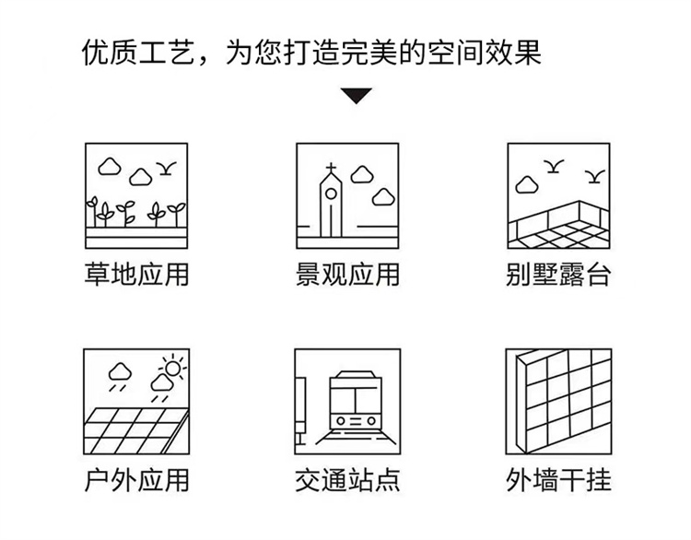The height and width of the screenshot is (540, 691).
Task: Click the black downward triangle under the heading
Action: (355, 95)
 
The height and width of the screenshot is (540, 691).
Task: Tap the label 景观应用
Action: (347, 276)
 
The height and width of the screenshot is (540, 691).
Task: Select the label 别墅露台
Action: (558, 276)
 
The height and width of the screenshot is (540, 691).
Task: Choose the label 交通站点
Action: (347, 481)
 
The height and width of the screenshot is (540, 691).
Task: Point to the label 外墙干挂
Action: (558, 481)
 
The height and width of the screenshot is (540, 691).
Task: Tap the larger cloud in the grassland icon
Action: (110, 166)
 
